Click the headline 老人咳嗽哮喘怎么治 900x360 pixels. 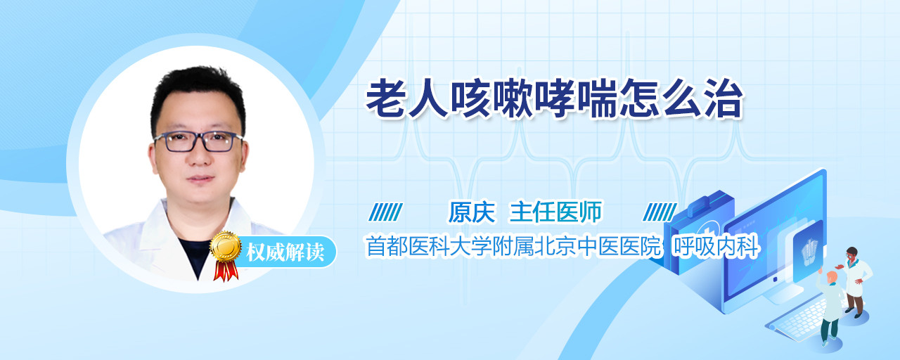pos(554,99)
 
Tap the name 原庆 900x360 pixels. pos(472,212)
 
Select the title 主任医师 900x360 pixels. pos(555,212)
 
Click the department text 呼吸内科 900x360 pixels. pos(716,246)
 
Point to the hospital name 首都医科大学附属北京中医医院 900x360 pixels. pos(513,246)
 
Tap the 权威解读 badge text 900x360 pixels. pos(285,252)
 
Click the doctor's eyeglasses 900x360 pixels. pos(198,141)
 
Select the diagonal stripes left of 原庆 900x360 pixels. pos(385,212)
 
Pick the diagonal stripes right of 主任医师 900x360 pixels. pos(660,212)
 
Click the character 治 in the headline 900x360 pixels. pos(724,99)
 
